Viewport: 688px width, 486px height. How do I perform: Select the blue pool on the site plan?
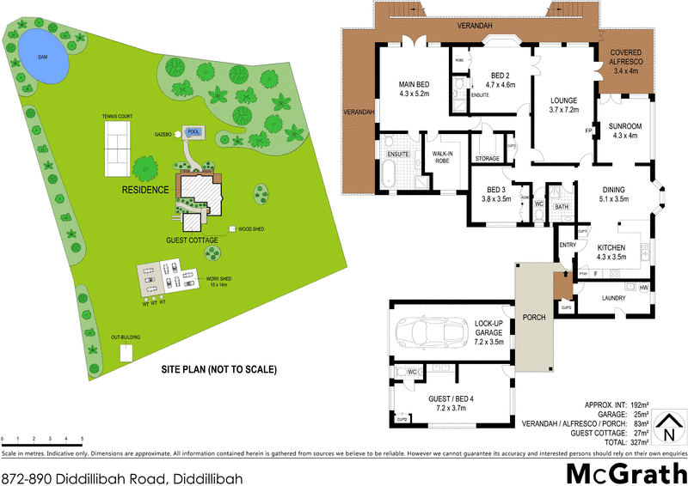click(193, 132)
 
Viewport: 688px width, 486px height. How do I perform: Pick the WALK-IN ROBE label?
click(442, 157)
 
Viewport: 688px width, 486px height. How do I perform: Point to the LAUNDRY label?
click(613, 297)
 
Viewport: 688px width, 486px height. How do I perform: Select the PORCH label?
click(534, 316)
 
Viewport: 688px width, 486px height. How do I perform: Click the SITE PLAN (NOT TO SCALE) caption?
click(218, 370)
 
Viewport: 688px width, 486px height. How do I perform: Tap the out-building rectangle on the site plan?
click(127, 352)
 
